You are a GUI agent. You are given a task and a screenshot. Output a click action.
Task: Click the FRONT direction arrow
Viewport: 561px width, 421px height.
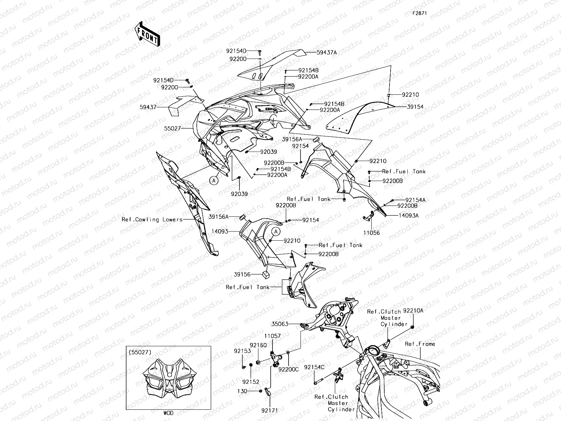pyautogui.click(x=147, y=34)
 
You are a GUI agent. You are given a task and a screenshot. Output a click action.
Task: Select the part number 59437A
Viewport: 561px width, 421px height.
pyautogui.click(x=326, y=53)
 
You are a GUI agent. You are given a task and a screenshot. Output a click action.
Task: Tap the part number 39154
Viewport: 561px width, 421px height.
pyautogui.click(x=415, y=107)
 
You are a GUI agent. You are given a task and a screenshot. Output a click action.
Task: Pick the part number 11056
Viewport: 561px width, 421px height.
pyautogui.click(x=371, y=233)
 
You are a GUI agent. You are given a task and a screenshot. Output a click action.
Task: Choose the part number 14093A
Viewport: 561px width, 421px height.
pyautogui.click(x=408, y=216)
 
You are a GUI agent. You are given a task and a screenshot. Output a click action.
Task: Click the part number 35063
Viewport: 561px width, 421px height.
pyautogui.click(x=280, y=324)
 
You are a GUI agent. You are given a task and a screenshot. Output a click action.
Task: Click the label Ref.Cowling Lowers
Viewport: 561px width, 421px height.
pyautogui.click(x=152, y=220)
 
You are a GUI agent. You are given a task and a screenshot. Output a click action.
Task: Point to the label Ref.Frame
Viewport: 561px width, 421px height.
pyautogui.click(x=420, y=344)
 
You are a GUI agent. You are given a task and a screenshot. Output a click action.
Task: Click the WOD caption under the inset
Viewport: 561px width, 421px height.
pyautogui.click(x=168, y=413)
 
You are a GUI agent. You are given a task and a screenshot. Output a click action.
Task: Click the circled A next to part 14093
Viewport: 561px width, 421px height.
pyautogui.click(x=276, y=232)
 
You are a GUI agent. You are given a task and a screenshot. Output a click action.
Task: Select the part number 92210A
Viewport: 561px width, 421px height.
pyautogui.click(x=413, y=310)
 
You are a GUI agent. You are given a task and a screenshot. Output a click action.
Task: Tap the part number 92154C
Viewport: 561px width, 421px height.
pyautogui.click(x=314, y=367)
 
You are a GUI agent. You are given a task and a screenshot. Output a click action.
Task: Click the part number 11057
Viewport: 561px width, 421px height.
pyautogui.click(x=272, y=336)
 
